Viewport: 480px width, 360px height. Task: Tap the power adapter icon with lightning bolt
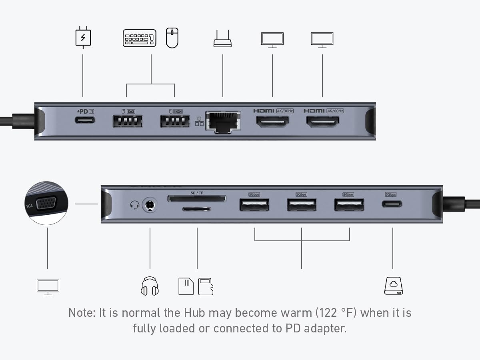click(x=83, y=38)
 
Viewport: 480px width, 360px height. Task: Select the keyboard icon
click(x=139, y=38)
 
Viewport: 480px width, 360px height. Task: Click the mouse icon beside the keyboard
click(x=172, y=38)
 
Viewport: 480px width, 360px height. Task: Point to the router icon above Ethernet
click(x=222, y=39)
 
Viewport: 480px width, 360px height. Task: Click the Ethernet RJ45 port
click(x=223, y=121)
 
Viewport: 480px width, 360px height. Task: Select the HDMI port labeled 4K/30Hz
click(x=272, y=121)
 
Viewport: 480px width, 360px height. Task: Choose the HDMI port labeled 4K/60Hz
click(x=322, y=121)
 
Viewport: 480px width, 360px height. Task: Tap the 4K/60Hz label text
click(x=335, y=111)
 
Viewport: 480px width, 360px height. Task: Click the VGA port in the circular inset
click(x=46, y=204)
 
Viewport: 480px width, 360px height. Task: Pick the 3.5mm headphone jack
click(x=150, y=205)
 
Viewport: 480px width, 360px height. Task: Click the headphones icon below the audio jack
click(x=150, y=286)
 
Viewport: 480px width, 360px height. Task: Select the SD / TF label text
click(x=197, y=193)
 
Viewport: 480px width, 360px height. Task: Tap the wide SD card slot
click(x=197, y=198)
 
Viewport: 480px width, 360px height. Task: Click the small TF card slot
click(x=197, y=209)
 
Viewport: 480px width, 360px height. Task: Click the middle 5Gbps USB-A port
click(x=301, y=205)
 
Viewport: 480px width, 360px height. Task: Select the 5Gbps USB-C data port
click(x=392, y=204)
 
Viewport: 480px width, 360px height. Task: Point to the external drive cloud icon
click(x=394, y=286)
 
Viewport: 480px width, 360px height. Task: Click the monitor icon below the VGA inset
click(x=48, y=287)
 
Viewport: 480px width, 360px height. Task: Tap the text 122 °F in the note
click(x=337, y=312)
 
